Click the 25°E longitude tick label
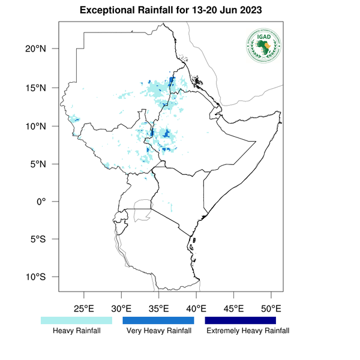pyautogui.click(x=83, y=309)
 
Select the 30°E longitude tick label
pyautogui.click(x=121, y=309)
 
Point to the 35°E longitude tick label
pyautogui.click(x=158, y=309)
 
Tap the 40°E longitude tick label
pyautogui.click(x=196, y=309)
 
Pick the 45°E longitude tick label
pyautogui.click(x=233, y=309)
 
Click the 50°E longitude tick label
pyautogui.click(x=271, y=309)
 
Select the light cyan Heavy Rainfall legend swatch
pyautogui.click(x=76, y=320)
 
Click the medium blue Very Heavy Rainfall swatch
pyautogui.click(x=158, y=320)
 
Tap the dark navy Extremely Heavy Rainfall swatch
pyautogui.click(x=240, y=320)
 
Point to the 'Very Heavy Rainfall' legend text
pyautogui.click(x=158, y=331)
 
